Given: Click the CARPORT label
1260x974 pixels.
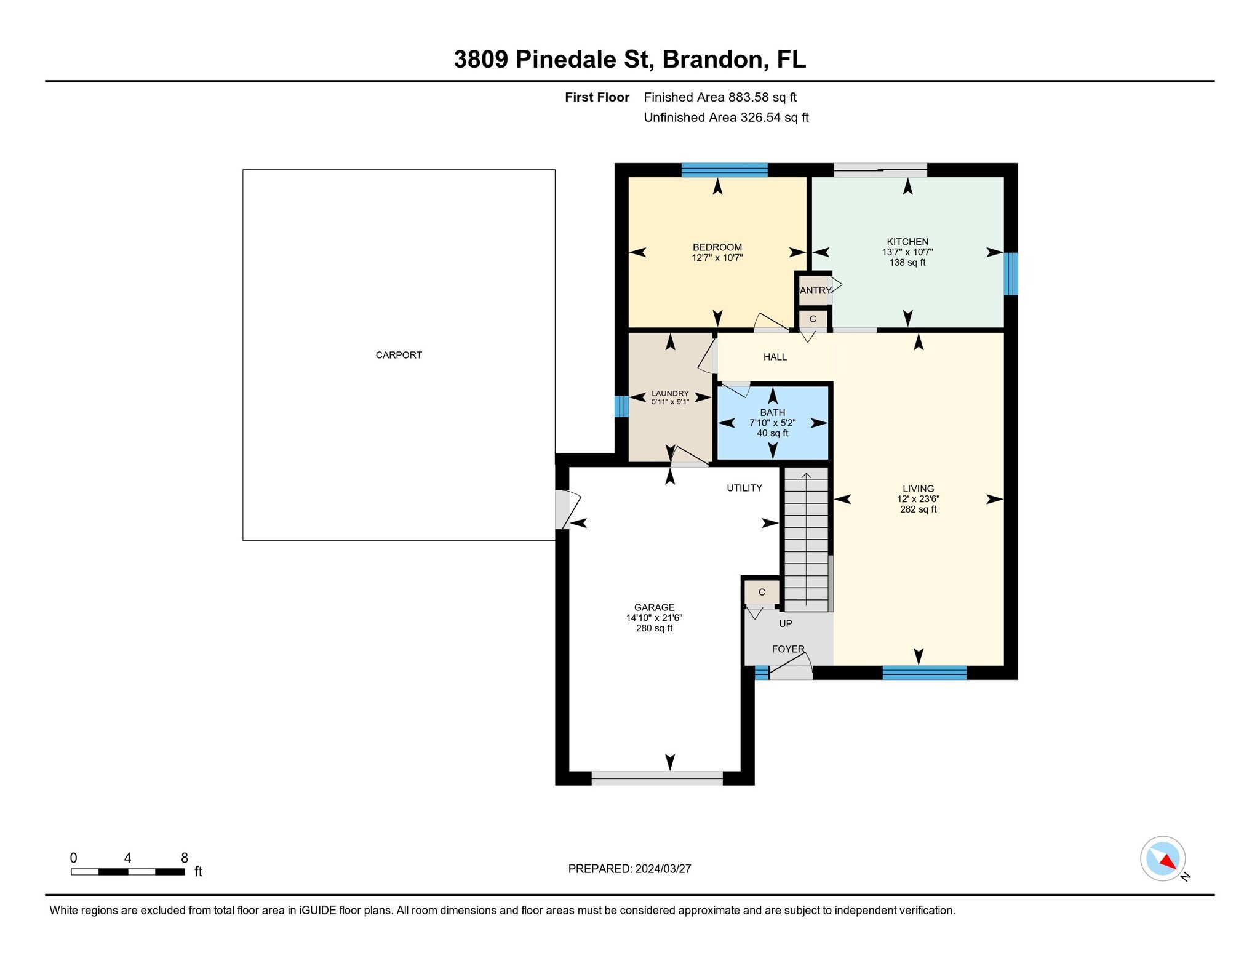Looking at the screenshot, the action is click(x=399, y=355).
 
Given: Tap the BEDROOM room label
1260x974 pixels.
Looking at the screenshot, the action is click(x=717, y=247).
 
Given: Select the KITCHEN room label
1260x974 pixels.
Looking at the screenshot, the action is click(x=907, y=242).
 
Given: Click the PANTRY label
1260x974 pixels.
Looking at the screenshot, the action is click(x=815, y=290).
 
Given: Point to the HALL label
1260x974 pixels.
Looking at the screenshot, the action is click(x=775, y=357).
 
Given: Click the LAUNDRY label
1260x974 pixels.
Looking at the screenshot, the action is click(x=671, y=394).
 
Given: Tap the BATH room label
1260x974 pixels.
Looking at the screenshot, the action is click(x=773, y=413).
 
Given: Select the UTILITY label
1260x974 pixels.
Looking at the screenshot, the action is click(x=744, y=488).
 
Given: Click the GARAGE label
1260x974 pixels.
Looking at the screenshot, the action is click(x=655, y=607).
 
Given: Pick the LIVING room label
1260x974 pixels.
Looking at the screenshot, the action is click(x=919, y=489).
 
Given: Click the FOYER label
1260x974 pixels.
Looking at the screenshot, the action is click(x=788, y=649).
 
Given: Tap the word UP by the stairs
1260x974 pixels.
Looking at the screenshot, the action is click(x=786, y=623).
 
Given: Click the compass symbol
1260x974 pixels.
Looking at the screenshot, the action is click(x=1163, y=858).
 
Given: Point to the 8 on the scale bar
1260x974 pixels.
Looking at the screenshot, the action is click(x=185, y=858).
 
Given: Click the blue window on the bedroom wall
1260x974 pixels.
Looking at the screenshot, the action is click(x=725, y=170).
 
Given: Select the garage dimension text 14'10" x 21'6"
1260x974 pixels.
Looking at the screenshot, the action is click(x=655, y=618).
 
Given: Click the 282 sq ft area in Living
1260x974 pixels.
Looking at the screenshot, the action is click(x=919, y=509).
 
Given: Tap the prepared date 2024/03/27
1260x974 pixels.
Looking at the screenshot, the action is click(x=663, y=869).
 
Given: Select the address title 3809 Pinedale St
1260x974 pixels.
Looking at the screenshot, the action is click(x=552, y=60).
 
